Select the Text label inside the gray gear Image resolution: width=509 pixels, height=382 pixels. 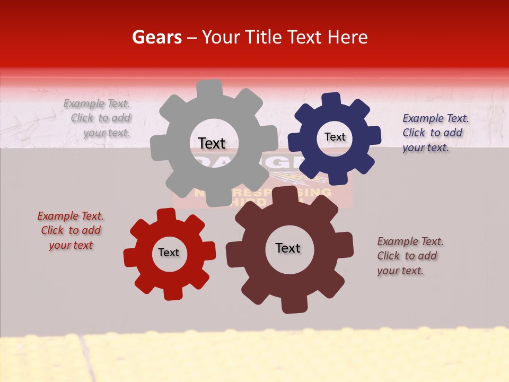[212, 143]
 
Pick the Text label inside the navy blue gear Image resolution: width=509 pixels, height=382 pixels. [335, 137]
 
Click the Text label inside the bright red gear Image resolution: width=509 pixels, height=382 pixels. [169, 253]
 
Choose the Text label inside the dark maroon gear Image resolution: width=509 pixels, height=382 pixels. [288, 248]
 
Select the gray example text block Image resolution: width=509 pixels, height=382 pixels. [98, 118]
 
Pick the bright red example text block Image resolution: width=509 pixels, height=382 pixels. [71, 231]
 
